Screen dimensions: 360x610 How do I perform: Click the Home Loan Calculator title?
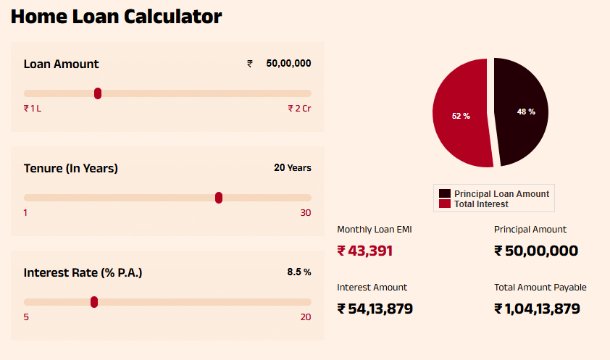(116, 17)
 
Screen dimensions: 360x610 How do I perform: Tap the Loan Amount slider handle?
(98, 93)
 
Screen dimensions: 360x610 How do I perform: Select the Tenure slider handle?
(219, 198)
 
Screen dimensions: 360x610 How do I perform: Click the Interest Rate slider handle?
(94, 302)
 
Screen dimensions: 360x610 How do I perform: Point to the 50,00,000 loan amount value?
(288, 64)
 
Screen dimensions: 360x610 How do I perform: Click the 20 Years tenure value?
(293, 168)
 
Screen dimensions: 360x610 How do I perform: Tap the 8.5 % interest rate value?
(299, 272)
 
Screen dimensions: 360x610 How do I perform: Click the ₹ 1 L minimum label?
(33, 109)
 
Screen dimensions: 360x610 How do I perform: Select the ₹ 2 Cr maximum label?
(299, 109)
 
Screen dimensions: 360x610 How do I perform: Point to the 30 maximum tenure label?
(306, 213)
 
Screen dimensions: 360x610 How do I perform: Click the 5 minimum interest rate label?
(27, 317)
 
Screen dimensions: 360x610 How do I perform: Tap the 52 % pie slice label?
(461, 116)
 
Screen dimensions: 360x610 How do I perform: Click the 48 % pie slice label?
(526, 112)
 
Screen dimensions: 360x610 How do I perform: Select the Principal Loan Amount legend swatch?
(445, 194)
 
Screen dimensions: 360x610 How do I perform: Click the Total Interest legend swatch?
(445, 204)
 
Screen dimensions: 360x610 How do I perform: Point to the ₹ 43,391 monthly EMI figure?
(365, 251)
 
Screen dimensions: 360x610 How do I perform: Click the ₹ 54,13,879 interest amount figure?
(375, 309)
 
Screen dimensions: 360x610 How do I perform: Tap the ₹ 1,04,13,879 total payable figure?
(537, 309)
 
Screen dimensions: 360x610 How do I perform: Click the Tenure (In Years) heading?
(71, 169)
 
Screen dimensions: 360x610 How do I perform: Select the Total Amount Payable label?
(540, 288)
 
